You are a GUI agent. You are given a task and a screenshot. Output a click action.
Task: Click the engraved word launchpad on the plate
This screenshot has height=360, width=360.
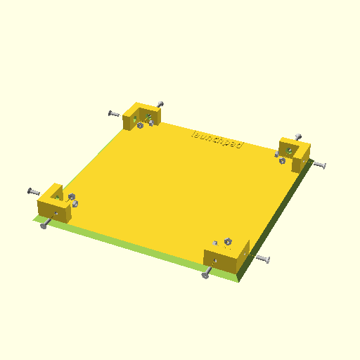[217, 141]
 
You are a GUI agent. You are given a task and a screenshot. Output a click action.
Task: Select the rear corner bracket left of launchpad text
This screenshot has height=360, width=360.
[141, 115]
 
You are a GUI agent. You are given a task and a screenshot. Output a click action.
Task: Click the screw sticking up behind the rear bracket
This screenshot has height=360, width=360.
[160, 104]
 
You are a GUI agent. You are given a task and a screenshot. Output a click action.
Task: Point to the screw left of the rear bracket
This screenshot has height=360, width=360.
[114, 114]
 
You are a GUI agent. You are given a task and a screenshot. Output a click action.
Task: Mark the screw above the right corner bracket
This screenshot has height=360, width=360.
[297, 137]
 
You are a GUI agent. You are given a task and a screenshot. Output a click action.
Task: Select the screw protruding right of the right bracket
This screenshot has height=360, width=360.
[319, 165]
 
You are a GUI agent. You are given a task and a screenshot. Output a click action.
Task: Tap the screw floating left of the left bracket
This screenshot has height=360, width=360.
[34, 192]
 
